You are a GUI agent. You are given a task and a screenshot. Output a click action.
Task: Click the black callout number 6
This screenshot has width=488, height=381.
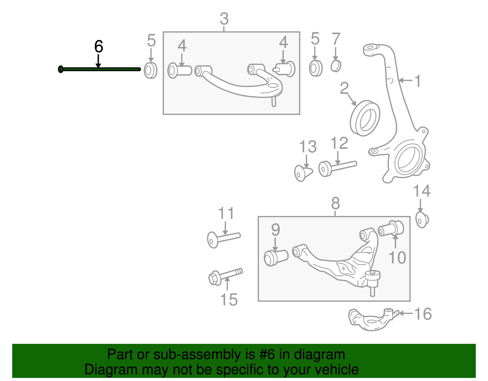99,47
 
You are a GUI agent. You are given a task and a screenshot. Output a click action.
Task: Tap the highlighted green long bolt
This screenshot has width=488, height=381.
101,70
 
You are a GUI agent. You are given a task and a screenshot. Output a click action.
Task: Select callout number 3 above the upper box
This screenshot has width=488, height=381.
224,19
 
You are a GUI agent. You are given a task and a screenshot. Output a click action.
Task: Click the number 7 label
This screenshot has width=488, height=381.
336,39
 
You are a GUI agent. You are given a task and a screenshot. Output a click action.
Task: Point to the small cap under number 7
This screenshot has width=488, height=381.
336,66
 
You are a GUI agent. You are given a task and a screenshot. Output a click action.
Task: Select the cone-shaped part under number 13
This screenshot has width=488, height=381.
303,173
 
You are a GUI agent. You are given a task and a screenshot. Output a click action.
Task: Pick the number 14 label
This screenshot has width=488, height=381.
422,191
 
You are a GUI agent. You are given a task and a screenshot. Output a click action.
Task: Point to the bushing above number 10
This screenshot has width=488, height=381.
391,228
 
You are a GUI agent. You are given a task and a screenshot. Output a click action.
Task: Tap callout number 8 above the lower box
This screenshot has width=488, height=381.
335,203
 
